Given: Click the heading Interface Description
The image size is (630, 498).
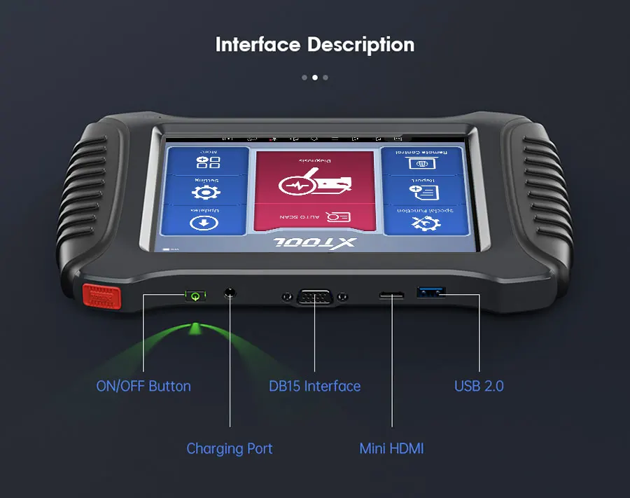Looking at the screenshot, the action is [315, 45].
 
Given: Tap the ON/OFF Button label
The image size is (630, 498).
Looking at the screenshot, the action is [143, 386].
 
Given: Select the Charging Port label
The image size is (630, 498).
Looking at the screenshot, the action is [230, 448].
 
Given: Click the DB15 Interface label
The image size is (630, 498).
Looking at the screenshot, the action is [315, 386].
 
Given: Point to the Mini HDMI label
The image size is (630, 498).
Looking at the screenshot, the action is [391, 448].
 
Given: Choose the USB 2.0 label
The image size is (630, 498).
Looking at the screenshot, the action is [479, 386].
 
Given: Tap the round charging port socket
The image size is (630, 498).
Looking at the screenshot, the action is [230, 293].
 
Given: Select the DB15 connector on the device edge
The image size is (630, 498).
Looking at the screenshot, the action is [314, 297].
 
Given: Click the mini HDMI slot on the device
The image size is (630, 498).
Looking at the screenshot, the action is [391, 295].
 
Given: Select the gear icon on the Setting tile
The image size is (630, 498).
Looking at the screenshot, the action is [206, 192].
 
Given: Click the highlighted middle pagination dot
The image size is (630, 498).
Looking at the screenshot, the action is [315, 78].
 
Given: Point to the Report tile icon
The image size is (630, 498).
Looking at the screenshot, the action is [422, 192].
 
